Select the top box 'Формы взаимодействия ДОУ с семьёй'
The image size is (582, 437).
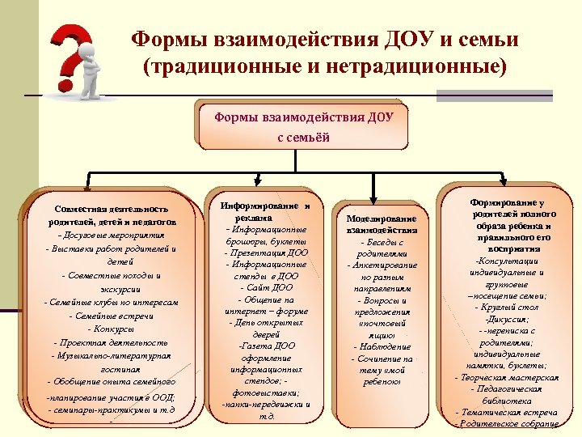tap(303, 127)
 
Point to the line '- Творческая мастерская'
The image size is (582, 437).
tap(507, 378)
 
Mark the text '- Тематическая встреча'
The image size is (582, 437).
tap(507, 413)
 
